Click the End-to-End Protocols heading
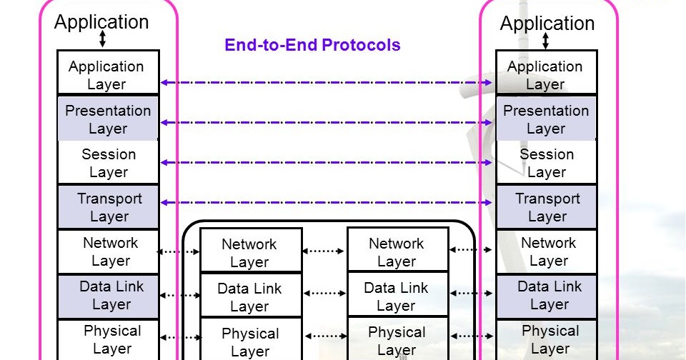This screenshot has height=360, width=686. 312,45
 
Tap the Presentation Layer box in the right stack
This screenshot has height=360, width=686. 546,119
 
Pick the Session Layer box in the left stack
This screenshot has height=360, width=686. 108,162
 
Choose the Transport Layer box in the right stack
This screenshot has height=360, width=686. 546,207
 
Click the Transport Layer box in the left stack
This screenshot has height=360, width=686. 108,207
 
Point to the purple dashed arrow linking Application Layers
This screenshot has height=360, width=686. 327,83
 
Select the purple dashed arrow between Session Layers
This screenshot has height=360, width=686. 327,163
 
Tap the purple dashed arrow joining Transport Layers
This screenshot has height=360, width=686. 327,203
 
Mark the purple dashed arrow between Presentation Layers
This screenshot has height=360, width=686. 327,123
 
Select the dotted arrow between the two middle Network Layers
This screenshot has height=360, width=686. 324,251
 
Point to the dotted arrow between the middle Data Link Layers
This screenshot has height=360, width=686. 324,293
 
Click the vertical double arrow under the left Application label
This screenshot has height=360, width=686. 102,39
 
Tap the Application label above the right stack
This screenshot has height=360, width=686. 547,24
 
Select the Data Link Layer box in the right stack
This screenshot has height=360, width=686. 546,296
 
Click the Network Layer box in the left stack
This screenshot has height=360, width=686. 108,251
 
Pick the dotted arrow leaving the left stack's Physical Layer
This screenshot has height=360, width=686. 179,336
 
